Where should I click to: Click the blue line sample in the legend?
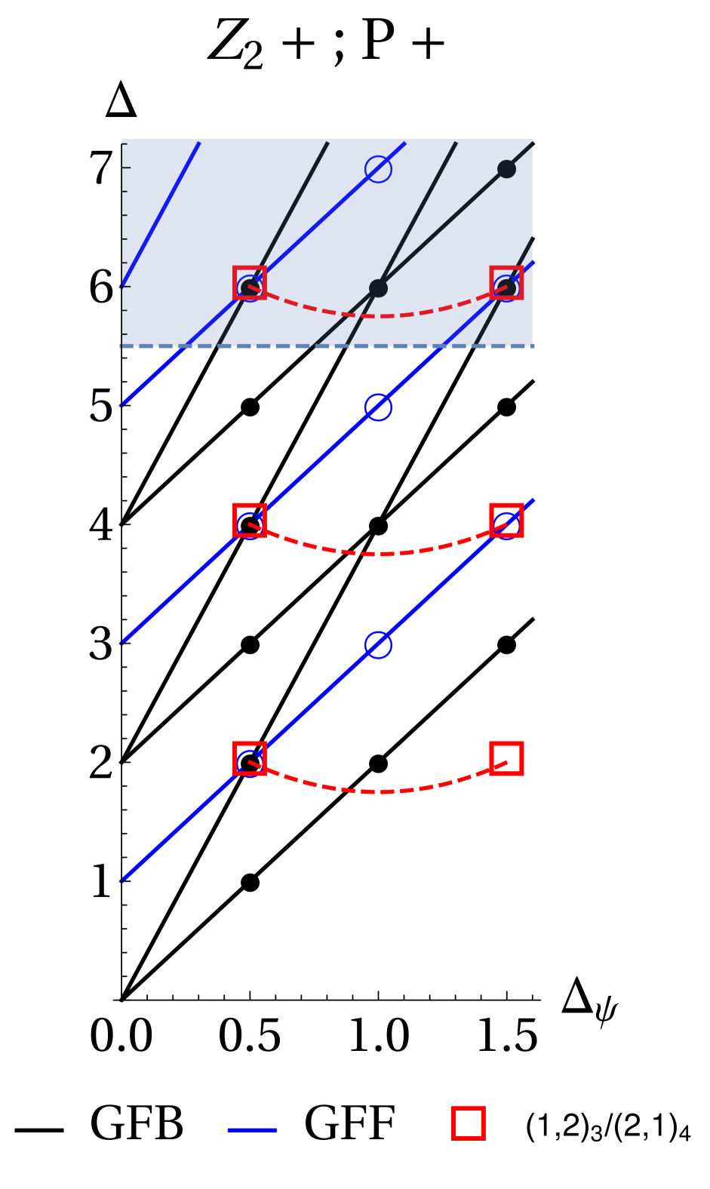click(252, 1130)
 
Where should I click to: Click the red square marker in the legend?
click(468, 1123)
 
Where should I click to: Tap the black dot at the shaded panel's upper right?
click(506, 169)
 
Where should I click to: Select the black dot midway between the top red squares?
click(378, 288)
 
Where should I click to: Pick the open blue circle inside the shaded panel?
click(378, 169)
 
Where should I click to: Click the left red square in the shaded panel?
click(250, 283)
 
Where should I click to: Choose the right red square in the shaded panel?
click(506, 283)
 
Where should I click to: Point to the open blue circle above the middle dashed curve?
click(378, 407)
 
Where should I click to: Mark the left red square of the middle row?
click(250, 521)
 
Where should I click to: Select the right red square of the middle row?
click(506, 521)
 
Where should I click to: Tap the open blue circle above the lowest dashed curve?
click(378, 645)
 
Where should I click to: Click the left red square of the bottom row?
click(250, 758)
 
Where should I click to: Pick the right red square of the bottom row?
click(506, 758)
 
